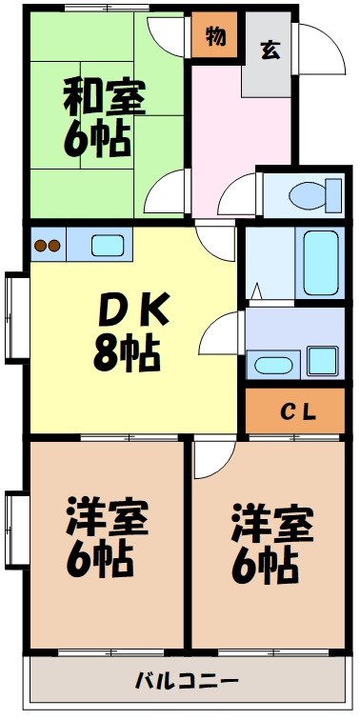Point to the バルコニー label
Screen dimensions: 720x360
(186, 682)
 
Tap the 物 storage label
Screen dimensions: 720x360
(214, 39)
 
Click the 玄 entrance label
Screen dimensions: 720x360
(270, 50)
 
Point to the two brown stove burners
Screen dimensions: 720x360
(47, 245)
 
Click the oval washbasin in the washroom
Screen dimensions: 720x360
(273, 364)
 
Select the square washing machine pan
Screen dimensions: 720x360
(323, 361)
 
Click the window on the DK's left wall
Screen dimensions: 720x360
(15, 317)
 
